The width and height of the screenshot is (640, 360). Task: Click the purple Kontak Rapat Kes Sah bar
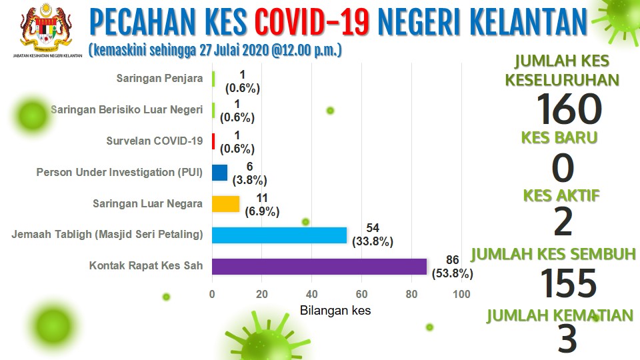point(319,267)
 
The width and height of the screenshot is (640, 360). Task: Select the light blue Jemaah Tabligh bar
point(279,235)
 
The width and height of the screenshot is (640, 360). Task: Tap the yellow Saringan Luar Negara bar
point(226,204)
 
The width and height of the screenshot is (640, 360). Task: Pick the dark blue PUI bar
point(219,173)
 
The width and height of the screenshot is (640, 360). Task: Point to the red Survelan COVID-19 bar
point(213,141)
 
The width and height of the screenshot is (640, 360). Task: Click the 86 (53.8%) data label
point(452,267)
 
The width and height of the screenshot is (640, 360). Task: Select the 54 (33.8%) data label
point(373,235)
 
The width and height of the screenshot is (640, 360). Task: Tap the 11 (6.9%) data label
point(262,205)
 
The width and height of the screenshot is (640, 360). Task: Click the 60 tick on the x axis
point(361,294)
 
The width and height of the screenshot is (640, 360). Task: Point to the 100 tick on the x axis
point(461,294)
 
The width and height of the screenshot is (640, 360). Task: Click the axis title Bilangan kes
point(335,311)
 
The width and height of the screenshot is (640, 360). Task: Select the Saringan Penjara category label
point(159,79)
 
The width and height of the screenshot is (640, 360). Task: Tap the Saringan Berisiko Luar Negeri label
point(127,110)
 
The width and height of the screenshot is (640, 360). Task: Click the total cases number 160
point(569,109)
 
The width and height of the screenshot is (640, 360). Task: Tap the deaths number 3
point(567,339)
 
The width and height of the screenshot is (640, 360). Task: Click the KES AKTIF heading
point(561,196)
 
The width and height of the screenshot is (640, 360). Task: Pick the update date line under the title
point(215,50)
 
